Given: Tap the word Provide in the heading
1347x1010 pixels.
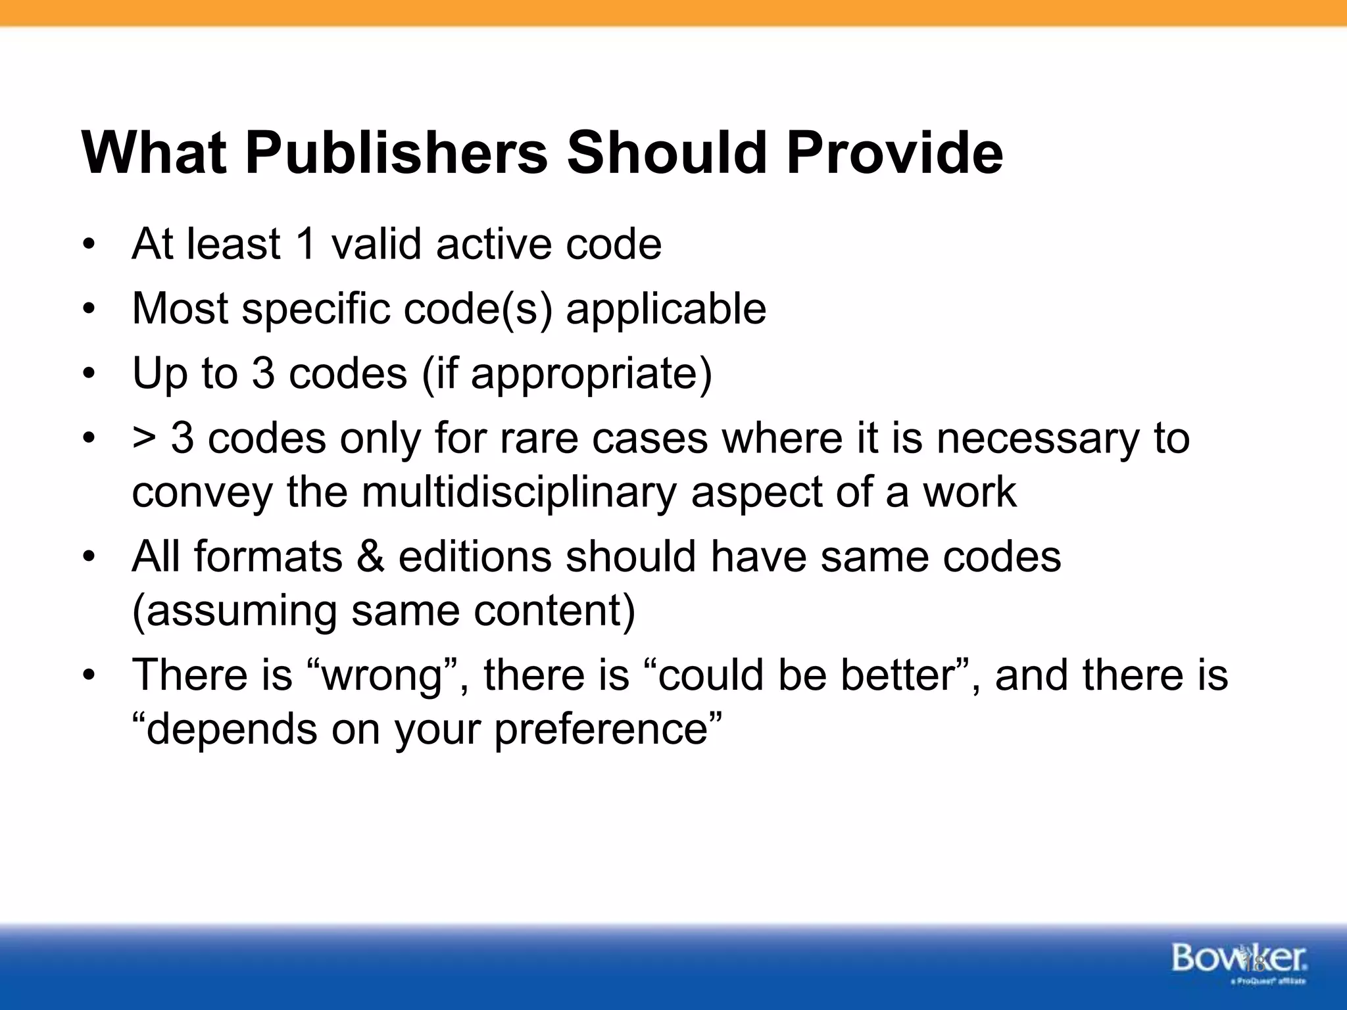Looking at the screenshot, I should coord(894,153).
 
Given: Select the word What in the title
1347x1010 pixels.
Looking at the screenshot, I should coord(154,153).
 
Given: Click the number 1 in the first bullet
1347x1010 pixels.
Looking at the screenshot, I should coord(306,244).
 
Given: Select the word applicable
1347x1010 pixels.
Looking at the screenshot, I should coord(666,308).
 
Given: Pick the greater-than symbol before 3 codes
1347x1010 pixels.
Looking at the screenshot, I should coord(144,439).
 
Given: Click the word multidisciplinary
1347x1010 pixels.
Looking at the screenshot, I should coord(519,492).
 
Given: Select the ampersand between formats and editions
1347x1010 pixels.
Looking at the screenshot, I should coord(370,557).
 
